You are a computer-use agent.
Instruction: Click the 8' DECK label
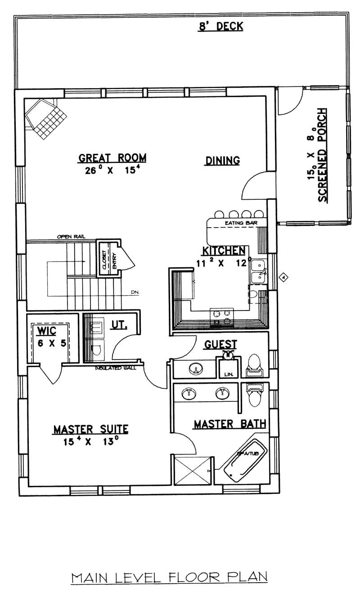pos(221,27)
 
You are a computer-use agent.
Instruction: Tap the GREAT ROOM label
pos(112,158)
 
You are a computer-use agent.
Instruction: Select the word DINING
pos(222,161)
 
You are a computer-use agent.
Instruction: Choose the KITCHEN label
pos(224,251)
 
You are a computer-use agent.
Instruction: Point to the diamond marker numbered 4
pos(283,277)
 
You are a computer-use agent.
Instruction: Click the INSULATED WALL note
pos(118,368)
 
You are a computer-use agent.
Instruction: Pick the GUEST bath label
pos(220,345)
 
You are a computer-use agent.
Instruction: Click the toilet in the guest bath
pos(255,365)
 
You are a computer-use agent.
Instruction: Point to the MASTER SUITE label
pos(90,429)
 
